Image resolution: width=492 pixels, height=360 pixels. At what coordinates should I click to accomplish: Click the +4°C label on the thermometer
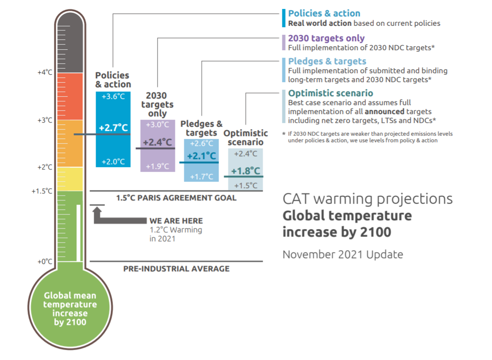[x=45, y=73]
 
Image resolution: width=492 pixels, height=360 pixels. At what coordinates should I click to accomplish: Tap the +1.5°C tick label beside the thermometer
[x=43, y=191]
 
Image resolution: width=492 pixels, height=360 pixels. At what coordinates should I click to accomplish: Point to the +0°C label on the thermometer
[x=45, y=261]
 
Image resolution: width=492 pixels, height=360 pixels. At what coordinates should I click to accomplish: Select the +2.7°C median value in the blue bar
[x=113, y=127]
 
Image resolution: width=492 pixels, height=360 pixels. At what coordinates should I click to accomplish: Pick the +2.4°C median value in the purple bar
[x=158, y=142]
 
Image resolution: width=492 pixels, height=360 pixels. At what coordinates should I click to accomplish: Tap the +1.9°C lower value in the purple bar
[x=158, y=166]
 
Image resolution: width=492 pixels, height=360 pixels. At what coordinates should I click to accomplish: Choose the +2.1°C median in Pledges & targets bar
[x=201, y=156]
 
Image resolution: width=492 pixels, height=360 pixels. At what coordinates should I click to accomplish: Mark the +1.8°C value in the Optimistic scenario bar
[x=245, y=171]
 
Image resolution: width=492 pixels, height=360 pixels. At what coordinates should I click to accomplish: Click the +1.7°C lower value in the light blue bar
[x=201, y=177]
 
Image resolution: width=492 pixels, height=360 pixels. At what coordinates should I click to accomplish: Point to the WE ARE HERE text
[x=176, y=221]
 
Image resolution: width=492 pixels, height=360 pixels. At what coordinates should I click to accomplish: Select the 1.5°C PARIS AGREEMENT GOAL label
[x=176, y=198]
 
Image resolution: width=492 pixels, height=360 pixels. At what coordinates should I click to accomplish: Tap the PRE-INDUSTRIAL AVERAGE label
[x=176, y=269]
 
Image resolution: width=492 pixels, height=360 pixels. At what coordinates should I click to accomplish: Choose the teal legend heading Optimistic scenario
[x=330, y=93]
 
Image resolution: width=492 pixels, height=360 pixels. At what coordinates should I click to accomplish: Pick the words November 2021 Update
[x=342, y=254]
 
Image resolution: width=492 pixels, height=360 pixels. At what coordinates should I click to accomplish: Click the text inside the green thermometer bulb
[x=70, y=309]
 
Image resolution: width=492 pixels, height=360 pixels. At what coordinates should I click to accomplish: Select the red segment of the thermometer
[x=69, y=96]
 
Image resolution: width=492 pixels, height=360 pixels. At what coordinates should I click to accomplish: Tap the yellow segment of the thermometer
[x=69, y=179]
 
